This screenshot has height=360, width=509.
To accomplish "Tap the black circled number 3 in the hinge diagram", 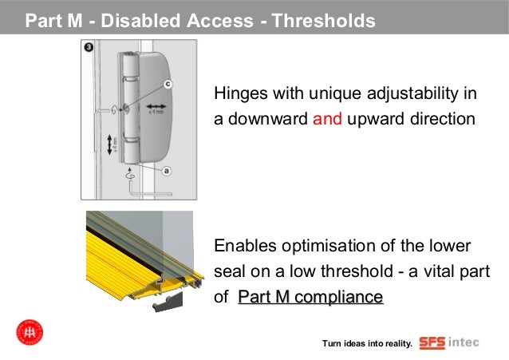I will pyautogui.click(x=88, y=49).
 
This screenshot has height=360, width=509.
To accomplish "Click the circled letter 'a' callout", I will pyautogui.click(x=166, y=170).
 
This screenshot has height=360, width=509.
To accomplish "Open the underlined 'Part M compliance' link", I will pyautogui.click(x=310, y=298).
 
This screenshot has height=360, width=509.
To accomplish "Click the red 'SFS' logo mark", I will pyautogui.click(x=432, y=343).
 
